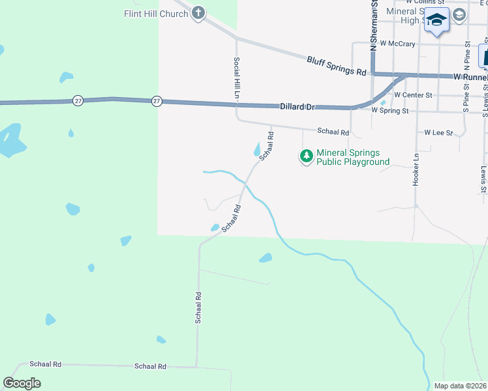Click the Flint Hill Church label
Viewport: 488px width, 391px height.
point(156,13)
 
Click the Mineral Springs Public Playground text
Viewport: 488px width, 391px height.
point(352,158)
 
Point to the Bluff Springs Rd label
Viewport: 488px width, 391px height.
point(337,66)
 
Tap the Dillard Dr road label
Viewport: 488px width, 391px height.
point(297,106)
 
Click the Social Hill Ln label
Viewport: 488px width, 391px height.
point(237,78)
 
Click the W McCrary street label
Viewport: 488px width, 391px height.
point(397,44)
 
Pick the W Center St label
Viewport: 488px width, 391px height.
point(413,95)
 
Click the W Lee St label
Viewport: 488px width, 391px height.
point(438,132)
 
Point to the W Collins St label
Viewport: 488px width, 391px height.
point(425,3)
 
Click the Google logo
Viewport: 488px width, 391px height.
point(22,383)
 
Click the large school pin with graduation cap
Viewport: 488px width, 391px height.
point(436,20)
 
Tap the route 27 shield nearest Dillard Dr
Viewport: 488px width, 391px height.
point(157,101)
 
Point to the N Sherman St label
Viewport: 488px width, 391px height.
point(374,26)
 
